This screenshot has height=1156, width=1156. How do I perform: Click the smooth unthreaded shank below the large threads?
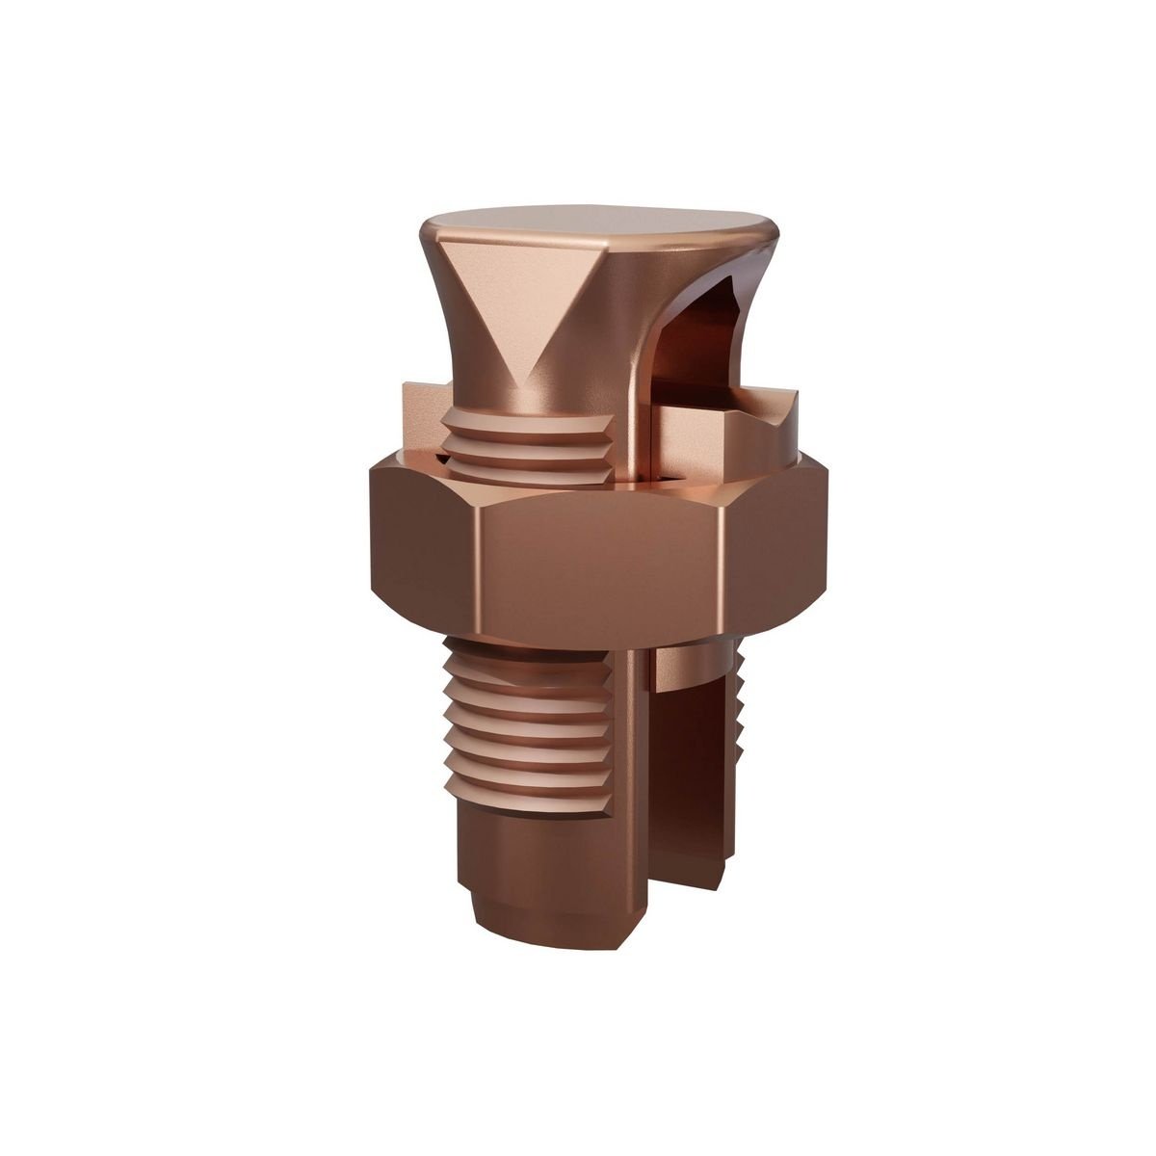(x=520, y=838)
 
